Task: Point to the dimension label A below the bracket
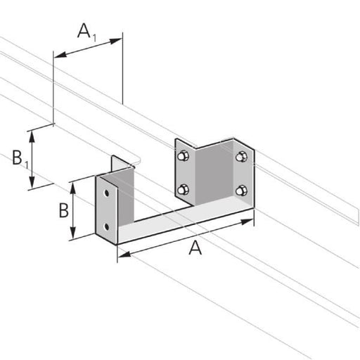pos(195,247)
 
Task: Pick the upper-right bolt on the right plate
pos(242,157)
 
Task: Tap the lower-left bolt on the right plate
pos(184,188)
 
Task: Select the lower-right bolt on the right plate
pos(242,190)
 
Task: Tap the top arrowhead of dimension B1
pos(32,133)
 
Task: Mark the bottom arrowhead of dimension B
pos(73,236)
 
